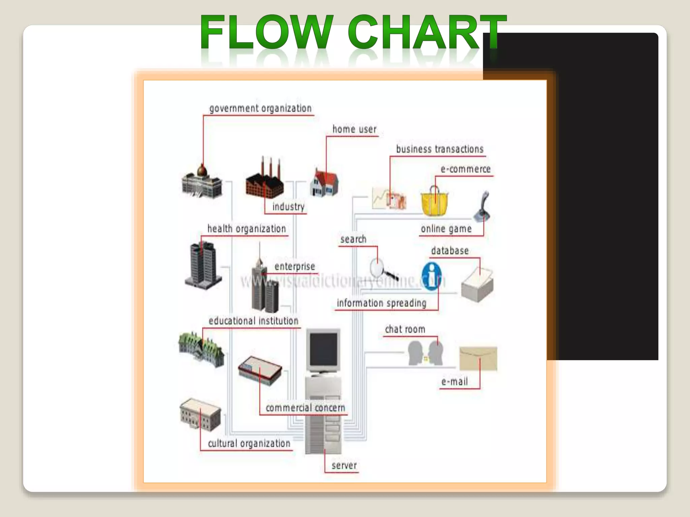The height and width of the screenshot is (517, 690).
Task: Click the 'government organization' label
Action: click(260, 108)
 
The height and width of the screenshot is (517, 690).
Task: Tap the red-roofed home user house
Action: click(324, 183)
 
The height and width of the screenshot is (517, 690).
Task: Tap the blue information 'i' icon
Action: click(431, 276)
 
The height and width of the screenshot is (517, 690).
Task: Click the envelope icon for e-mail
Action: click(478, 359)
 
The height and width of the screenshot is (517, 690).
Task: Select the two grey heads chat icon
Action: click(426, 353)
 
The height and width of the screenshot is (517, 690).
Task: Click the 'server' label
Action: click(344, 466)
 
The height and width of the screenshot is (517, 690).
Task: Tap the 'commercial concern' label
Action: click(305, 408)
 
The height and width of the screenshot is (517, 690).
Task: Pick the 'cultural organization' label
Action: click(249, 443)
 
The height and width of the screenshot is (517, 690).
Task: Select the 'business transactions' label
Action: click(440, 149)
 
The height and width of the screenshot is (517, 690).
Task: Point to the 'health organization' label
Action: click(247, 229)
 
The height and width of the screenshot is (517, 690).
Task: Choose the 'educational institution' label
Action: click(253, 321)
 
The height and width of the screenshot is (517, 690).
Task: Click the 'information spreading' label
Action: click(382, 303)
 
